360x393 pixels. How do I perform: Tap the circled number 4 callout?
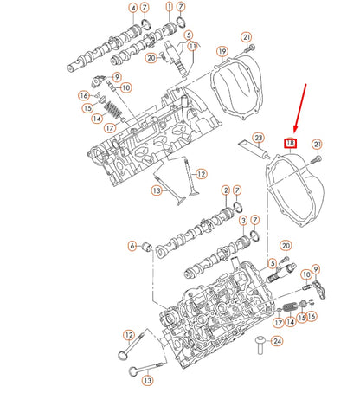click(132, 9)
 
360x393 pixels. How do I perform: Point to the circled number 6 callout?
click(132, 246)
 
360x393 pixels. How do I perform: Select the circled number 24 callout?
click(277, 340)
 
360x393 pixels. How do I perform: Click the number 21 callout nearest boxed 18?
click(317, 144)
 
